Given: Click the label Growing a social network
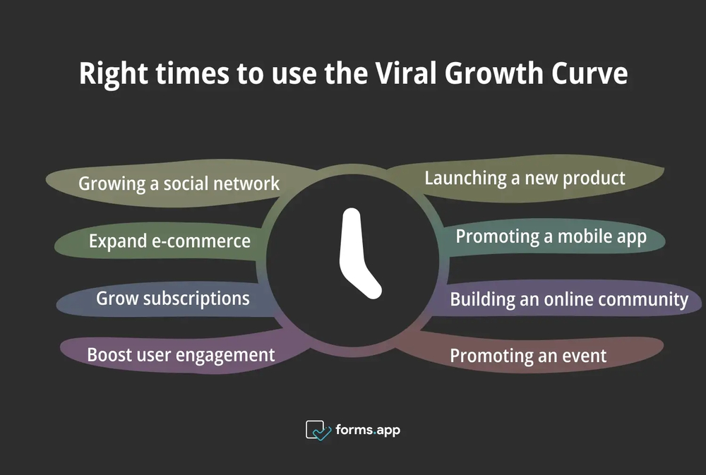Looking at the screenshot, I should [179, 184].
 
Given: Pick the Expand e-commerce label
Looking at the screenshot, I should [169, 241].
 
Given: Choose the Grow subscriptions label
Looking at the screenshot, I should [172, 298].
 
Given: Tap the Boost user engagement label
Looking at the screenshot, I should [181, 354].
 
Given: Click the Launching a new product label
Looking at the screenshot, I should [525, 178].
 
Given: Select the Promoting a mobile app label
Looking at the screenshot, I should [551, 236].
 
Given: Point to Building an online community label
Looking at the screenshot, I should [569, 299].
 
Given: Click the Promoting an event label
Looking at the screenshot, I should [528, 356].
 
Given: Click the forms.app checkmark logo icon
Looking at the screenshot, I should [318, 429].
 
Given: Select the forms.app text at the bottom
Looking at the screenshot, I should [368, 429].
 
